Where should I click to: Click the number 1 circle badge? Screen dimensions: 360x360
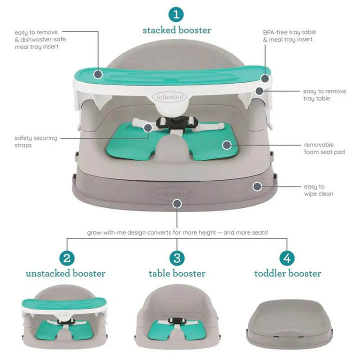click(x=176, y=14)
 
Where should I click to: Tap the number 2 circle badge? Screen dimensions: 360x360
click(x=67, y=258)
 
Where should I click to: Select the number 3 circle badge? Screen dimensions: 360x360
click(x=177, y=258)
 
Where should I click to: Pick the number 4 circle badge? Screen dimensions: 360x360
click(x=287, y=258)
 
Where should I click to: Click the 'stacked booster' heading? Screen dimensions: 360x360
click(x=177, y=30)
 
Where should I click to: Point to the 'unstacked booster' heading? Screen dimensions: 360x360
click(x=65, y=273)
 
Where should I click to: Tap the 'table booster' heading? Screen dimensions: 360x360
click(x=177, y=273)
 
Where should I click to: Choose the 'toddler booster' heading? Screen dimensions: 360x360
click(x=287, y=273)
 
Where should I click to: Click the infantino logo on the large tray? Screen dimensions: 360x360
click(x=169, y=97)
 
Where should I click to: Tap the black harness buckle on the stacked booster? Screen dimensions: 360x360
click(x=177, y=123)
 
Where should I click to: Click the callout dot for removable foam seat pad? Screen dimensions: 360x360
click(x=227, y=145)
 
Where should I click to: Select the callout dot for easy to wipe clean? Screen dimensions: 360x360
click(x=257, y=186)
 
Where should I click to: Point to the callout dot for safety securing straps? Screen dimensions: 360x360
click(x=148, y=127)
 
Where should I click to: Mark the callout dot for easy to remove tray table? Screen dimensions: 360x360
click(x=259, y=91)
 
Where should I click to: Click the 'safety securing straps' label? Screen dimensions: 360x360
click(x=35, y=141)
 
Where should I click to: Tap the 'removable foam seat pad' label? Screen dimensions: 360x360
click(x=324, y=148)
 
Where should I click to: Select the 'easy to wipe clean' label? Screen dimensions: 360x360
click(x=318, y=190)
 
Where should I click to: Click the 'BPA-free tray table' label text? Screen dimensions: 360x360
click(x=289, y=32)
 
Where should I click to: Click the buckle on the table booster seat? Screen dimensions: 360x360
click(x=177, y=320)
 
